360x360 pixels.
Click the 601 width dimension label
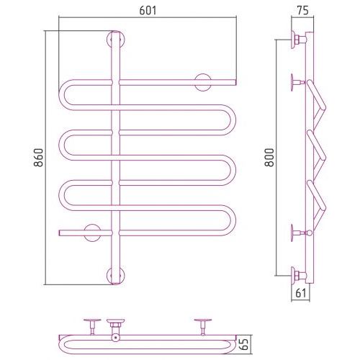pyautogui.click(x=148, y=10)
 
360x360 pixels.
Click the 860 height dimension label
pyautogui.click(x=38, y=158)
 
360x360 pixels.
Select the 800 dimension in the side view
pyautogui.click(x=269, y=158)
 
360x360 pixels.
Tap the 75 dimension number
pyautogui.click(x=302, y=10)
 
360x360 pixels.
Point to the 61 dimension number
pyautogui.click(x=301, y=293)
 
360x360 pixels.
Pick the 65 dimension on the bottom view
pyautogui.click(x=245, y=345)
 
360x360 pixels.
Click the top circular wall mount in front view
pyautogui.click(x=116, y=40)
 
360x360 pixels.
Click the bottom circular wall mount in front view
pyautogui.click(x=116, y=276)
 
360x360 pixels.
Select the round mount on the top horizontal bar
pyautogui.click(x=203, y=82)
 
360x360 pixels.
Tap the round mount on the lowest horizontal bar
pyautogui.click(x=92, y=233)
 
